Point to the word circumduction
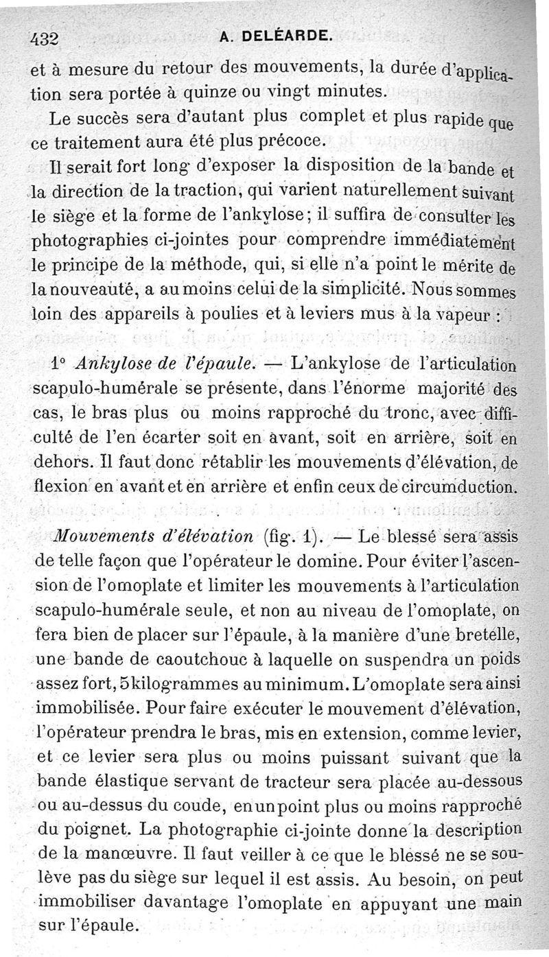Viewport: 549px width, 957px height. (456, 488)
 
